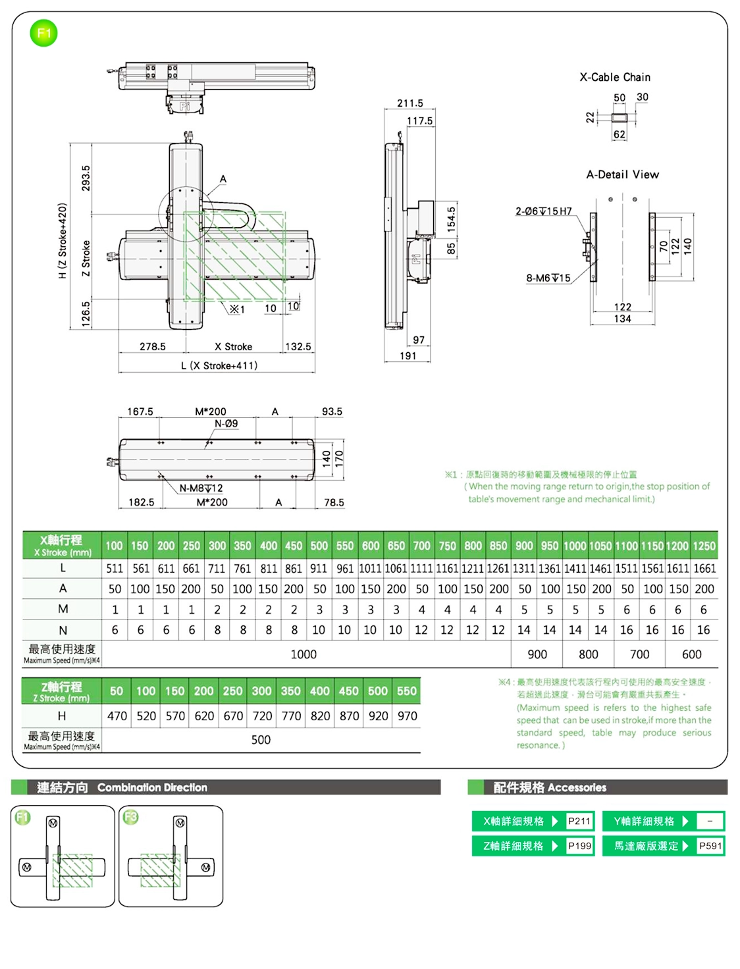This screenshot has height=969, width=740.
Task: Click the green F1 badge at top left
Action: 43,33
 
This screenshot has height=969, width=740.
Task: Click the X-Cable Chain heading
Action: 614,77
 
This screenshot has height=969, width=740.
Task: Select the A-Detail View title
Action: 622,174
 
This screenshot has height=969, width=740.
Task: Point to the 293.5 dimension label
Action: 86,178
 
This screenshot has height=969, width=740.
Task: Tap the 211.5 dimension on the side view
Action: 410,103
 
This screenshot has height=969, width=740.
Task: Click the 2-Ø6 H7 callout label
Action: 543,211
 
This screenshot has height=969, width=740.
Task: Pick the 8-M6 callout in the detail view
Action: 548,278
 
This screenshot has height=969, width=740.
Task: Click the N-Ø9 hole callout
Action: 226,424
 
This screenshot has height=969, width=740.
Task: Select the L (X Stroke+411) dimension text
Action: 219,366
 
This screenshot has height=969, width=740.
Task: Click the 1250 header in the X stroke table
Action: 704,546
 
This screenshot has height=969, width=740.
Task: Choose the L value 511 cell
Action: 115,568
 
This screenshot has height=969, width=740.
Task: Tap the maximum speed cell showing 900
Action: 537,654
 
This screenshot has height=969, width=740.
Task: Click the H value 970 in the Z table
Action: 407,716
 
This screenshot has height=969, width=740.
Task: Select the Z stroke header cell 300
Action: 261,691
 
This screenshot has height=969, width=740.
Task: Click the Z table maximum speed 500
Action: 261,740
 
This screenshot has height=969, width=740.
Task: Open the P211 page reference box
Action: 579,821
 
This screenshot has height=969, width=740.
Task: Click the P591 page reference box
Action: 710,846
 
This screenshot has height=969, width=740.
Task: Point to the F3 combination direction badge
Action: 131,818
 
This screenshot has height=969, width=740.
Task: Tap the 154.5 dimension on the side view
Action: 451,219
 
